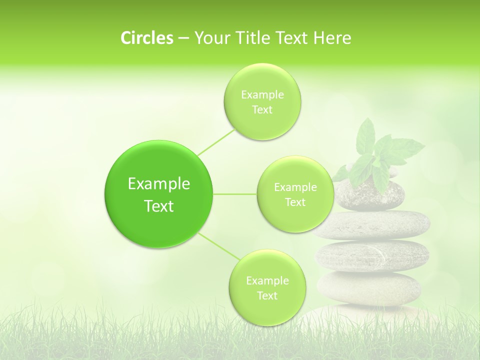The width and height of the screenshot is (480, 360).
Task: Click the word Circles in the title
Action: point(146,38)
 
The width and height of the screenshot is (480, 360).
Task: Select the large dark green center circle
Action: point(158,194)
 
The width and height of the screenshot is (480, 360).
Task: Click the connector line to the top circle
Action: point(215,141)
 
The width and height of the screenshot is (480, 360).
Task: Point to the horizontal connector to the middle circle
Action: point(235,194)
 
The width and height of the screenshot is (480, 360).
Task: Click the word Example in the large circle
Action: point(158,184)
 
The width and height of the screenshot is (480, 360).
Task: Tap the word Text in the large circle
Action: point(158,206)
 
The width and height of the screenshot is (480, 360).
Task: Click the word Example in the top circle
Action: point(262,95)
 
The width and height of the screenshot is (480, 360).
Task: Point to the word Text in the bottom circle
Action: point(267,295)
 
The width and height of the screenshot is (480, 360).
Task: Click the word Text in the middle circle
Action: point(295,202)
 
